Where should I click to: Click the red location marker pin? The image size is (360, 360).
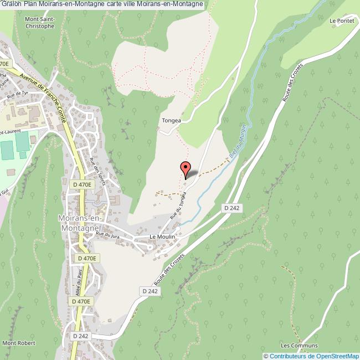point(185,168)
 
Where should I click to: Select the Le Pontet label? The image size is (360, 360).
point(341,21)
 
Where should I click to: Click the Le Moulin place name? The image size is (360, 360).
point(162,236)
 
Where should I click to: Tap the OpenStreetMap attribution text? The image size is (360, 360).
point(312,356)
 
